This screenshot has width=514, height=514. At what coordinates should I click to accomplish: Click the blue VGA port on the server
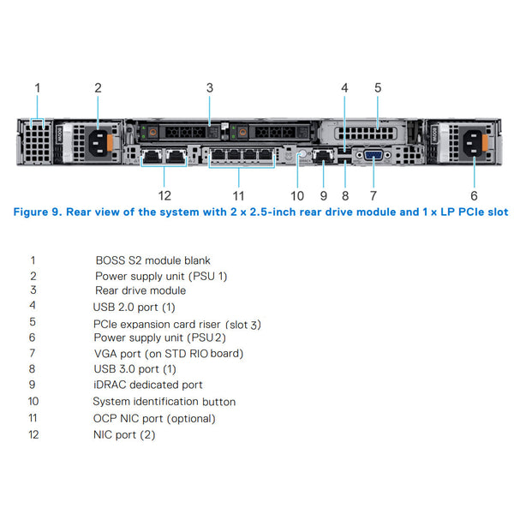tap(374, 155)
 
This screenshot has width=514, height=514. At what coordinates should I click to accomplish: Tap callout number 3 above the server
tap(210, 87)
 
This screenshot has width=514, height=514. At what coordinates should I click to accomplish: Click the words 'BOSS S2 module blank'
tap(152, 260)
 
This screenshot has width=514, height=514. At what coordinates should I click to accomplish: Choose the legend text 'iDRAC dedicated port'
tap(148, 385)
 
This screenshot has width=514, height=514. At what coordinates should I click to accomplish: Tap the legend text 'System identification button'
tap(164, 402)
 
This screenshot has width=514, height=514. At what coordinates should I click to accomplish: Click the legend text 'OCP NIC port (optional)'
tap(154, 419)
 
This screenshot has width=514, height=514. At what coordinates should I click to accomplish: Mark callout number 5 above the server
tap(378, 87)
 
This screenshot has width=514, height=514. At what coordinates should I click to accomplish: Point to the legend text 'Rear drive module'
tap(140, 290)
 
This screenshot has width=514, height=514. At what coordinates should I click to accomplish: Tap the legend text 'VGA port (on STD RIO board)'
tap(168, 353)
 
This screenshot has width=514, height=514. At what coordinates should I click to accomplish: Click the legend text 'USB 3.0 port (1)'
tap(134, 369)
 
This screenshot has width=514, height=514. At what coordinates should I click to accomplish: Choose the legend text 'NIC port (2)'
tap(125, 435)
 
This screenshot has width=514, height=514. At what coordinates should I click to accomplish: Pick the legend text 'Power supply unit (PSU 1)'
tap(161, 276)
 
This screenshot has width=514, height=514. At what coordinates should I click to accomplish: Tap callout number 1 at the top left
tap(37, 87)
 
